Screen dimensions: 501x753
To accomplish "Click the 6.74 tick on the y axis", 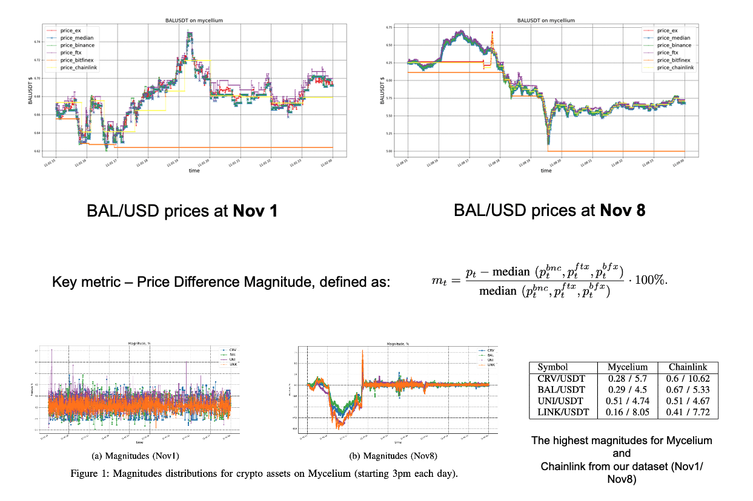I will pos(36,42).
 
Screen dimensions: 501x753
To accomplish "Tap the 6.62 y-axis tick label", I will pos(36,151).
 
